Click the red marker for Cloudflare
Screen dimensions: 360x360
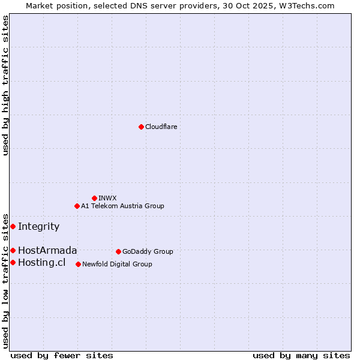141,127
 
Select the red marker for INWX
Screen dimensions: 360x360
94,198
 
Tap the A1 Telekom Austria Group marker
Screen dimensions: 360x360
77,206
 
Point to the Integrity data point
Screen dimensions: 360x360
13,226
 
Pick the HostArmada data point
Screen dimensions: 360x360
13,250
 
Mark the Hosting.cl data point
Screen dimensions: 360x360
13,262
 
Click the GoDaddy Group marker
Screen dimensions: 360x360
118,251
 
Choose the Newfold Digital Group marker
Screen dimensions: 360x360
78,264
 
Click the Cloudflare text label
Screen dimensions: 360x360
161,127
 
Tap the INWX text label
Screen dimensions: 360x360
107,198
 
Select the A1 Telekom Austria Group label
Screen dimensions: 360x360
122,206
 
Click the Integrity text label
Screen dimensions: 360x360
38,226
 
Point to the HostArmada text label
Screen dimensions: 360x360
47,250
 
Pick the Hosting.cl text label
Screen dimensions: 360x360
41,262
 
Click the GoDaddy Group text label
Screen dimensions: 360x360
148,251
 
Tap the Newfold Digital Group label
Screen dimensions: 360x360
117,264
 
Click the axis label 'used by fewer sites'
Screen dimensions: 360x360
62,355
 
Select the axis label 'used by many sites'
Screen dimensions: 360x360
301,355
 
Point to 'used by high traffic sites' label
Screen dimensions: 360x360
5,85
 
